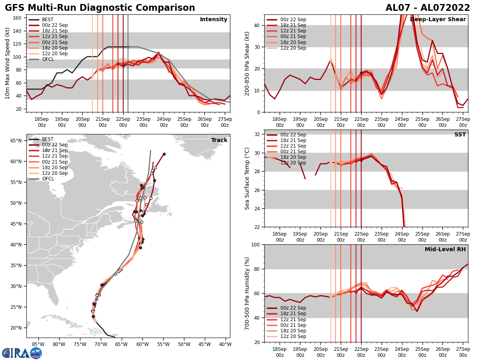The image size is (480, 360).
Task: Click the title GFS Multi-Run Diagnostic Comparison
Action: pos(100,8)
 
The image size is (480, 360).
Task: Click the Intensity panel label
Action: pos(213,20)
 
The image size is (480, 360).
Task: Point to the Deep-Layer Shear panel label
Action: pos(438,20)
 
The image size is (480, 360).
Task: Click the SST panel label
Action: pos(460,135)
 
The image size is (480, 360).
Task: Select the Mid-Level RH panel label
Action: pos(445,250)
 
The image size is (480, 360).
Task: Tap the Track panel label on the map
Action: pos(219,140)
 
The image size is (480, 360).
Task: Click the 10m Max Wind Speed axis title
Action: pos(8,63)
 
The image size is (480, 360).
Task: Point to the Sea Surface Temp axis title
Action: pos(247,178)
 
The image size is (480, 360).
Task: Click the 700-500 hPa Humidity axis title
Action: pos(247,293)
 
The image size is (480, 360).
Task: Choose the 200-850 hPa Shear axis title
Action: pos(247,63)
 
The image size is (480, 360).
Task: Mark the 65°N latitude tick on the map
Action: pos(16,141)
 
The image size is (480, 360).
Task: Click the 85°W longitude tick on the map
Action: pos(38,344)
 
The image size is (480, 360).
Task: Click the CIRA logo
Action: pos(22,353)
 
